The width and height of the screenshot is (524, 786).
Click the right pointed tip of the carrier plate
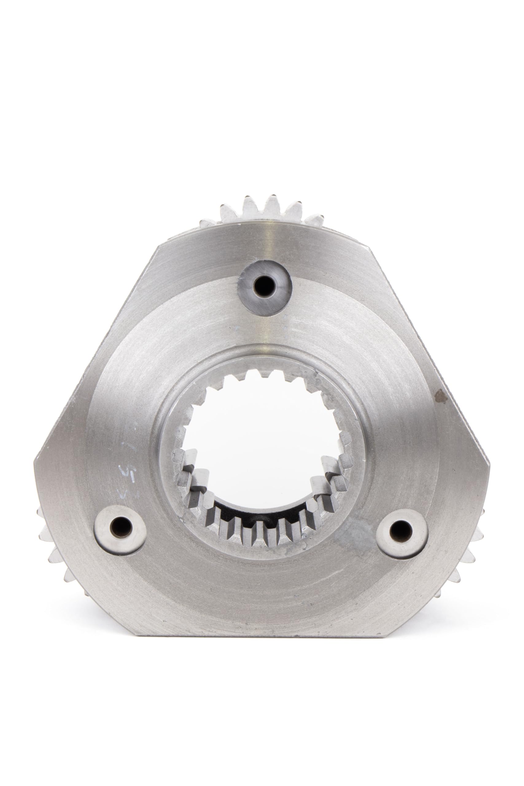[x=491, y=463]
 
